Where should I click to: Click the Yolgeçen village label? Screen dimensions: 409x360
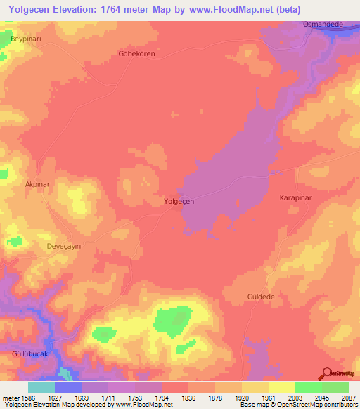[179, 200]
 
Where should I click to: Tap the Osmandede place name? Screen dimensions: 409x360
[322, 24]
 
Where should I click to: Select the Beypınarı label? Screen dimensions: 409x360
[26, 39]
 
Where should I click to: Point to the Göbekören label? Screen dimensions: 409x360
[136, 53]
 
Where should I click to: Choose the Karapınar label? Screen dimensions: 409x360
[295, 199]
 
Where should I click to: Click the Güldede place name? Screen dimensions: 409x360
[260, 297]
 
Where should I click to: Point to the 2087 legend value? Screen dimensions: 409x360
[349, 398]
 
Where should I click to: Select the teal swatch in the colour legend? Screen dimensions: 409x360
[41, 387]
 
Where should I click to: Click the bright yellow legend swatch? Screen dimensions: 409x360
[281, 387]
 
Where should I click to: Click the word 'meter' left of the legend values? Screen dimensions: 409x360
[11, 398]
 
